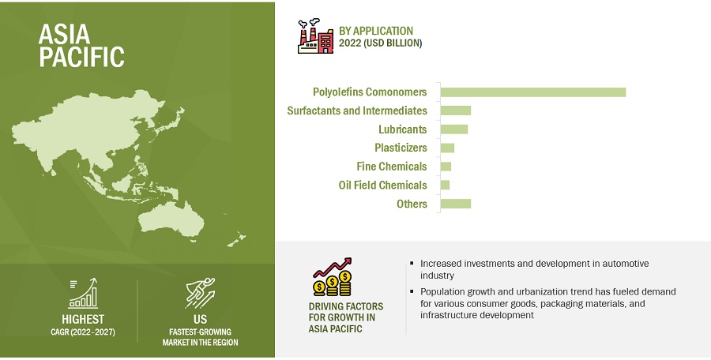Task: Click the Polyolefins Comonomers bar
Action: pyautogui.click(x=532, y=92)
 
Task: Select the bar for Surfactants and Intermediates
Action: pyautogui.click(x=456, y=111)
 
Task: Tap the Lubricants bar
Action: pyautogui.click(x=454, y=129)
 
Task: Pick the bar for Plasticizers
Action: pyautogui.click(x=447, y=148)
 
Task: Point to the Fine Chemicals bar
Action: pyautogui.click(x=446, y=167)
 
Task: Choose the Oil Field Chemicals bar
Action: pyautogui.click(x=445, y=185)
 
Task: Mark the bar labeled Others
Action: pyautogui.click(x=456, y=204)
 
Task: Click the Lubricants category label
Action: pyautogui.click(x=403, y=129)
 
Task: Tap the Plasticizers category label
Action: pyautogui.click(x=401, y=148)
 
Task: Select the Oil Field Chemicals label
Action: pyautogui.click(x=382, y=185)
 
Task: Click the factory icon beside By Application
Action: pyautogui.click(x=315, y=36)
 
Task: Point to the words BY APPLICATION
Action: pyautogui.click(x=376, y=31)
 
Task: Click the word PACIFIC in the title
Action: pyautogui.click(x=81, y=57)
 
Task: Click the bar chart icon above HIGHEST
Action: pyautogui.click(x=83, y=294)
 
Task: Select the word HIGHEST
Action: pyautogui.click(x=83, y=319)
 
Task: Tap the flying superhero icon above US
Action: pyautogui.click(x=201, y=293)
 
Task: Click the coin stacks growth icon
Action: pyautogui.click(x=333, y=277)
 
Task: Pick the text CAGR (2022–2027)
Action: pyautogui.click(x=83, y=332)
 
